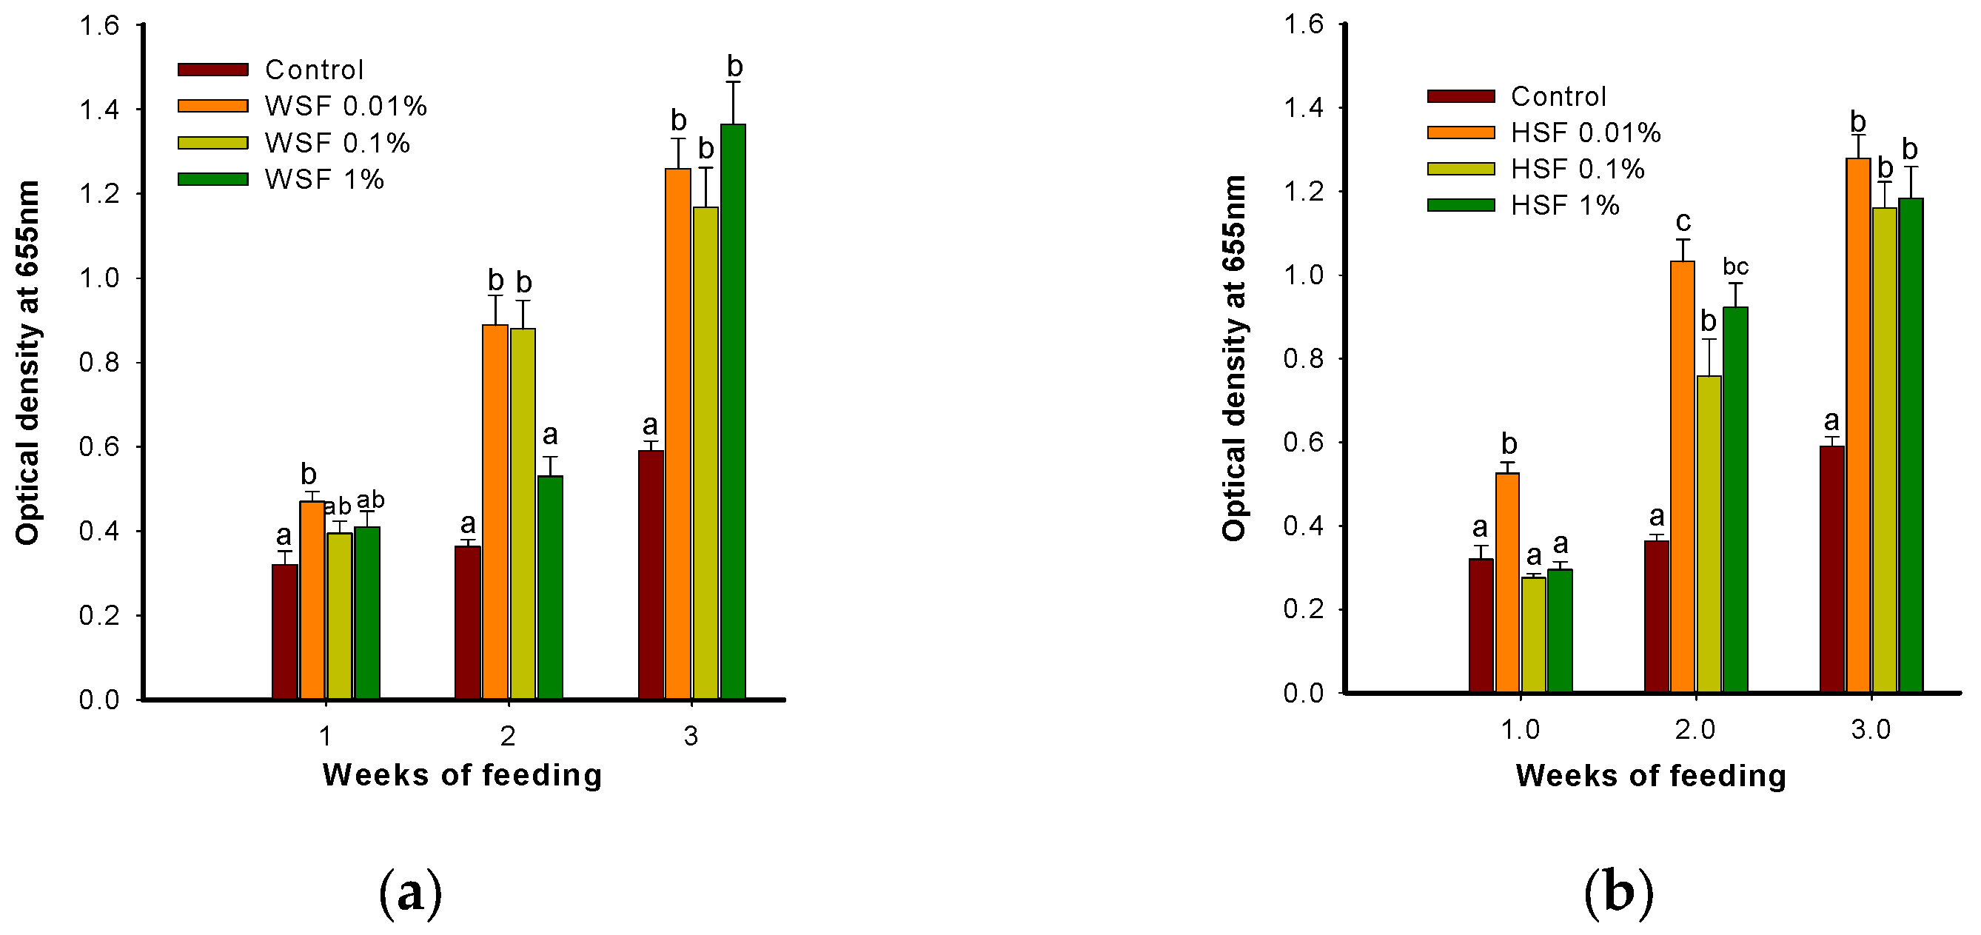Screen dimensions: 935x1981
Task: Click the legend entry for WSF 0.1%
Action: (x=337, y=143)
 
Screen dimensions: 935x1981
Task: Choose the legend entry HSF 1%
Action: (x=1564, y=205)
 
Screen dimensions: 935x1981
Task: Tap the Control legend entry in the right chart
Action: (x=1558, y=96)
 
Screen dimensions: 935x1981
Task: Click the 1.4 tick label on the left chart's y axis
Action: (x=99, y=110)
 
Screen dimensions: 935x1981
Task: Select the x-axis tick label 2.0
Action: (x=1695, y=730)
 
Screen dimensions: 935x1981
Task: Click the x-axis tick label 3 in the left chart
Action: (x=691, y=737)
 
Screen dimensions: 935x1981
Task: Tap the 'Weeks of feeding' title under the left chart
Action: (x=462, y=775)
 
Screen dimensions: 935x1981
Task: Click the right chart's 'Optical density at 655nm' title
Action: (x=1233, y=358)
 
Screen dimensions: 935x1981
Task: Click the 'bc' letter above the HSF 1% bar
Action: (x=1736, y=267)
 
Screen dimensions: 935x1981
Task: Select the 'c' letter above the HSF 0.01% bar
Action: (x=1683, y=222)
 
